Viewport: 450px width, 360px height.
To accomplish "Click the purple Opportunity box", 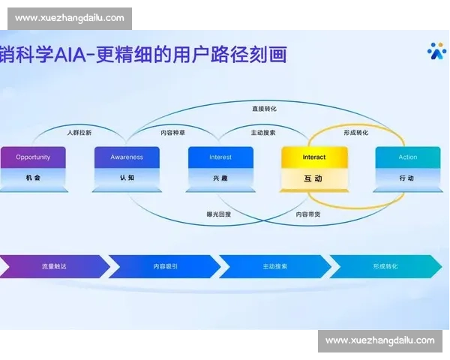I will pyautogui.click(x=33, y=157).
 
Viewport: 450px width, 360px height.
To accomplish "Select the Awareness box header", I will pyautogui.click(x=127, y=157).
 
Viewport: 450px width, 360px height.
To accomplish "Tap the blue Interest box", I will pyautogui.click(x=220, y=157).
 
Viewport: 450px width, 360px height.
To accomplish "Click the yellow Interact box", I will pyautogui.click(x=314, y=157).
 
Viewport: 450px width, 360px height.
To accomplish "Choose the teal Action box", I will pyautogui.click(x=408, y=157).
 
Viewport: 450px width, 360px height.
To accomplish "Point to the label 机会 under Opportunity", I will pyautogui.click(x=33, y=178).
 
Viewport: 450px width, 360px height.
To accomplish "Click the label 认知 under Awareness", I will pyautogui.click(x=127, y=178).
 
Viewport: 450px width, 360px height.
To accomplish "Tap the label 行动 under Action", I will pyautogui.click(x=407, y=178).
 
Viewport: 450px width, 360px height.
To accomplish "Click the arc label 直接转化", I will pyautogui.click(x=264, y=109).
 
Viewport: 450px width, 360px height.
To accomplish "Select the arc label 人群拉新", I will pyautogui.click(x=79, y=133).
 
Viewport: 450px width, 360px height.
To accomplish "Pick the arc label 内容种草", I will pyautogui.click(x=173, y=133).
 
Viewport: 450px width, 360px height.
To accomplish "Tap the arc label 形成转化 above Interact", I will pyautogui.click(x=355, y=133).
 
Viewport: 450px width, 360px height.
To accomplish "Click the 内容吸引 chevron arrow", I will pyautogui.click(x=165, y=266).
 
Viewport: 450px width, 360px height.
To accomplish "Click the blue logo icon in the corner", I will pyautogui.click(x=436, y=52).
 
